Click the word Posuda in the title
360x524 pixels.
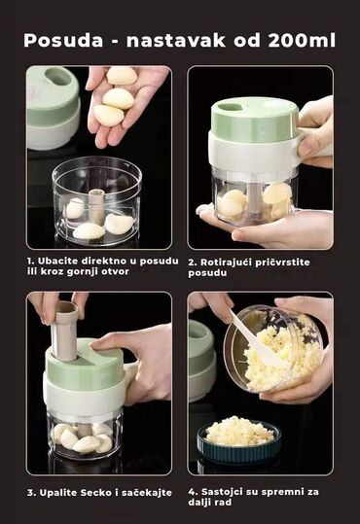click(63, 41)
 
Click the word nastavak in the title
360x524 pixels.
click(176, 41)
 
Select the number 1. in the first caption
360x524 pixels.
click(30, 261)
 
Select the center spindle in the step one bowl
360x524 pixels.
click(96, 206)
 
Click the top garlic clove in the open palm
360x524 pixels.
click(123, 76)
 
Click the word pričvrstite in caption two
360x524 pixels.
click(282, 262)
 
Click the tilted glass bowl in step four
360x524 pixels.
click(274, 349)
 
